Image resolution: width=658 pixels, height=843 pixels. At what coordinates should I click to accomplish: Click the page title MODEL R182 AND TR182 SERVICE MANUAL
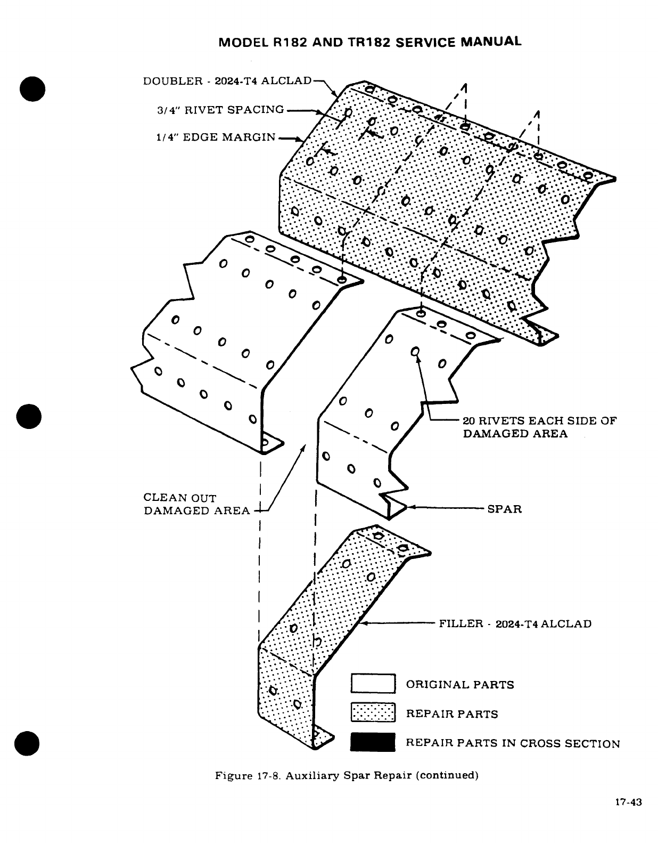[x=370, y=42]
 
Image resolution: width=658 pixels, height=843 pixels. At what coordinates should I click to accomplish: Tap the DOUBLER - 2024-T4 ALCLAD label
[x=227, y=81]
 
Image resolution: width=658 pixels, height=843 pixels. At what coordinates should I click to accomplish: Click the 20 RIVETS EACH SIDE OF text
[x=539, y=420]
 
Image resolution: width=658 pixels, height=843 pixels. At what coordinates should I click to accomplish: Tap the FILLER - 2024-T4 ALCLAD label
[x=515, y=623]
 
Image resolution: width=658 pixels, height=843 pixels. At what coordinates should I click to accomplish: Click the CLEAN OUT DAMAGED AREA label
[x=196, y=504]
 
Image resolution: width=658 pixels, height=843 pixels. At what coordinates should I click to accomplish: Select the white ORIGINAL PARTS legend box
[x=373, y=684]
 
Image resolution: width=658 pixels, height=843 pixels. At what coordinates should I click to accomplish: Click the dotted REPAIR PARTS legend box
[x=373, y=713]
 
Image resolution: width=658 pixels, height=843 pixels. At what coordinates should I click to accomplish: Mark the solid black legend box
[x=373, y=742]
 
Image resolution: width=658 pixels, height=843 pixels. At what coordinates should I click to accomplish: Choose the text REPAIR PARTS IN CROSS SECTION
[x=513, y=743]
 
